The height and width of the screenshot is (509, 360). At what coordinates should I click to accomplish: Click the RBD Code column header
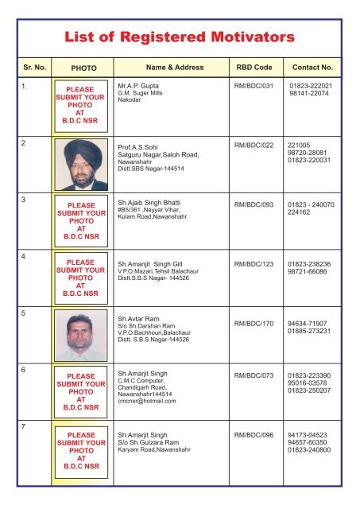pos(251,69)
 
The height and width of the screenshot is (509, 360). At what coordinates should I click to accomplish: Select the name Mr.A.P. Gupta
pos(138,83)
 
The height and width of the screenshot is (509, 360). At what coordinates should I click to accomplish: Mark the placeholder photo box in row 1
pos(79,103)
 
